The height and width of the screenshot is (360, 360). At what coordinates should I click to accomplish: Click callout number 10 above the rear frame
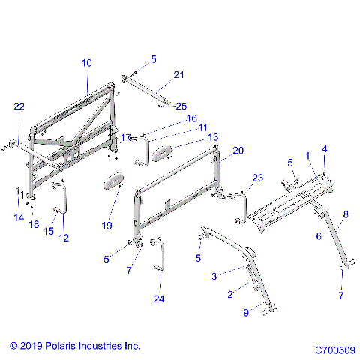pyautogui.click(x=87, y=64)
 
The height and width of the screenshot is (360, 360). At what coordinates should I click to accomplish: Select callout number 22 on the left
pyautogui.click(x=19, y=107)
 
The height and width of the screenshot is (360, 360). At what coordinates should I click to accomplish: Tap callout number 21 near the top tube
pyautogui.click(x=178, y=74)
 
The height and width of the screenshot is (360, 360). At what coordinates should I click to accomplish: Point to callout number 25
pyautogui.click(x=181, y=106)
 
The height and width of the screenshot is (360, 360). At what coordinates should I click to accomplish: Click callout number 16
pyautogui.click(x=192, y=118)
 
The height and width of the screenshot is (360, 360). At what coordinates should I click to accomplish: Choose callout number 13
pyautogui.click(x=193, y=137)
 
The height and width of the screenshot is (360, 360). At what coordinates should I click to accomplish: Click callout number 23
pyautogui.click(x=237, y=178)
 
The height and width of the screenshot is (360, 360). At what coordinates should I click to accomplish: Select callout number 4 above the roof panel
pyautogui.click(x=325, y=150)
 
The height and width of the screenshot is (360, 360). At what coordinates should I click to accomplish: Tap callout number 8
pyautogui.click(x=346, y=214)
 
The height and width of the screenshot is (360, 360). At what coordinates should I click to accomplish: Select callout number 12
pyautogui.click(x=63, y=238)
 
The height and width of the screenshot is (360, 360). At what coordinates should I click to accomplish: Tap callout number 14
pyautogui.click(x=18, y=217)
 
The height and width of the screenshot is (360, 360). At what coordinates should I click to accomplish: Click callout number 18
pyautogui.click(x=34, y=224)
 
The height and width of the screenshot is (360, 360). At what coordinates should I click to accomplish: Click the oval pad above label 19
pyautogui.click(x=115, y=181)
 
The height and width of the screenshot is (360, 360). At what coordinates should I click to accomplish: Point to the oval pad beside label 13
pyautogui.click(x=163, y=153)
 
